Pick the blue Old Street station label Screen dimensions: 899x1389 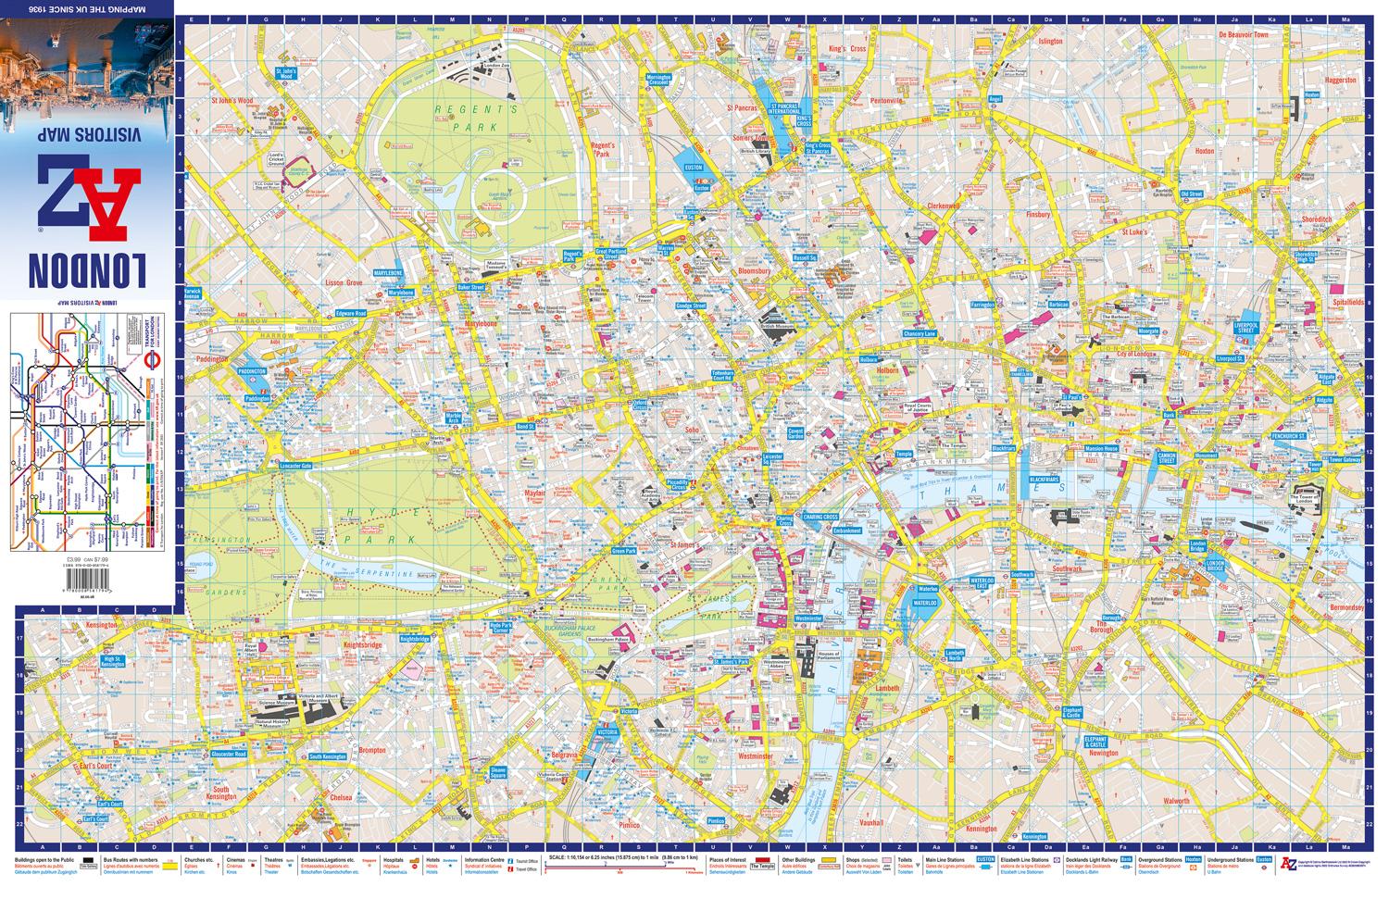pyautogui.click(x=1191, y=194)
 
